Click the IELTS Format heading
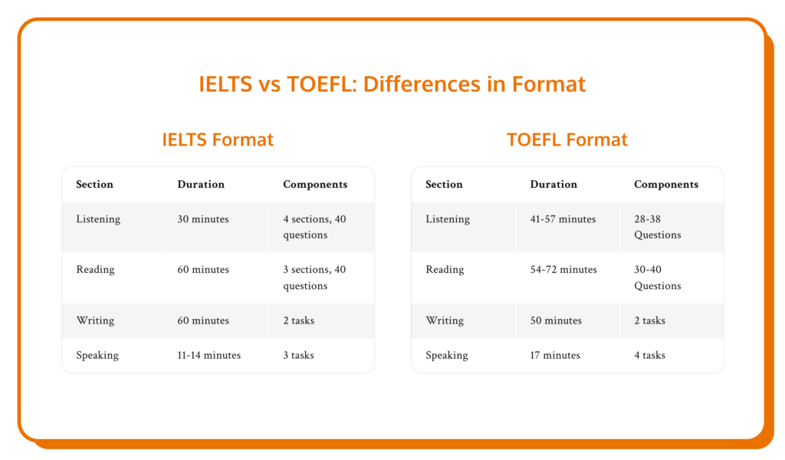click(x=218, y=140)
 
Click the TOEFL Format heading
click(x=567, y=140)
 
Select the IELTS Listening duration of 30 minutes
click(x=203, y=219)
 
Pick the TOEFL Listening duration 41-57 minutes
click(x=563, y=219)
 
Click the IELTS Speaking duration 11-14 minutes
click(x=209, y=355)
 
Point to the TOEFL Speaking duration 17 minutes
click(x=555, y=355)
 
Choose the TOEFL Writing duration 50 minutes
click(x=556, y=320)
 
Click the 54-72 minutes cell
click(x=563, y=270)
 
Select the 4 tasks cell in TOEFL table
click(x=649, y=355)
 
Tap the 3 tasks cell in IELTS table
click(x=298, y=355)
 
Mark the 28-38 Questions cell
click(x=658, y=227)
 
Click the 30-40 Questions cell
click(x=658, y=278)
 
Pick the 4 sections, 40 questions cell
click(x=314, y=227)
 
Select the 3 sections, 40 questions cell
click(x=314, y=278)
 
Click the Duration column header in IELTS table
click(x=201, y=184)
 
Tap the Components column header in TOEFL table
click(x=666, y=184)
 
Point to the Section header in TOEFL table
click(x=444, y=184)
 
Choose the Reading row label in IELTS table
click(x=95, y=270)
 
